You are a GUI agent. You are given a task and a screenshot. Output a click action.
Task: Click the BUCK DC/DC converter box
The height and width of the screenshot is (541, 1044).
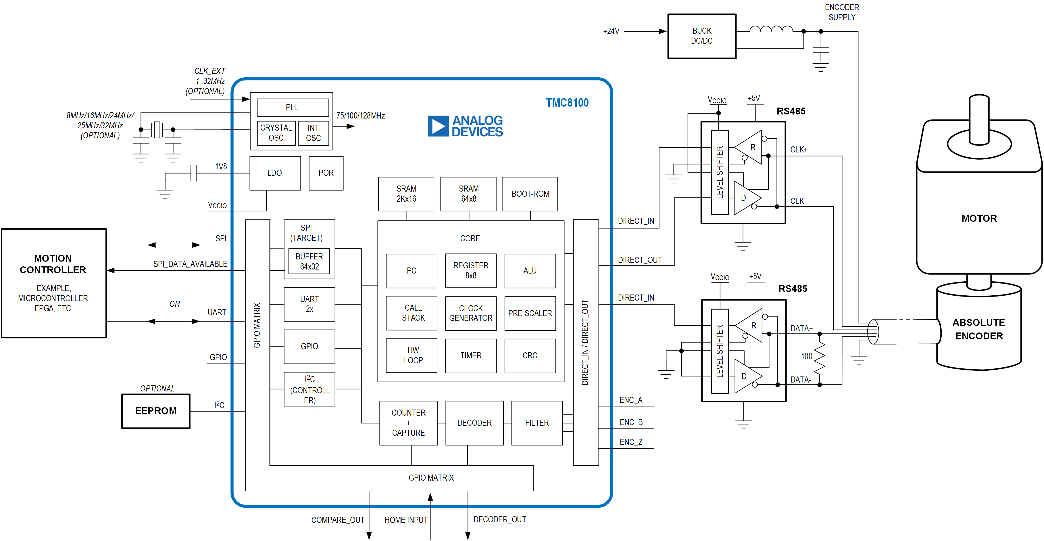(701, 36)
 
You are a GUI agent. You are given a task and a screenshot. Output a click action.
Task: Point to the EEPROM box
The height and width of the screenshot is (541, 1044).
(156, 411)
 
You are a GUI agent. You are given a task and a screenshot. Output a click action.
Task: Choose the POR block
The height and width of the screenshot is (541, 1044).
(326, 173)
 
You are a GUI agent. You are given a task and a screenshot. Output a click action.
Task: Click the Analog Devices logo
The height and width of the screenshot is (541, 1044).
(465, 126)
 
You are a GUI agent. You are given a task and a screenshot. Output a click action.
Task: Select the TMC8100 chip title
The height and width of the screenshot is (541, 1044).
(567, 103)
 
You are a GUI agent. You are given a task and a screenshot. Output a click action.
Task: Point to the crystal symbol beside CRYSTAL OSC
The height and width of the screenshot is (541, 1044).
(157, 130)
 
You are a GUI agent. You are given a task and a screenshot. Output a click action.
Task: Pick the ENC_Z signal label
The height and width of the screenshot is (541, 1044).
(630, 442)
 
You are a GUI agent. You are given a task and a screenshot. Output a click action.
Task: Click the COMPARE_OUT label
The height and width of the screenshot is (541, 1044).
(338, 520)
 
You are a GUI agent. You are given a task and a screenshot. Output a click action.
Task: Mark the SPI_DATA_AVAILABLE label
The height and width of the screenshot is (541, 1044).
(190, 264)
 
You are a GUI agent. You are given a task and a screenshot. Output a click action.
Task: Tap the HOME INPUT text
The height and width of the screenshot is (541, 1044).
(406, 520)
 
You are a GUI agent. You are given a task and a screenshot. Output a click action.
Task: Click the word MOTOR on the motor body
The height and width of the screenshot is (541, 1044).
(979, 219)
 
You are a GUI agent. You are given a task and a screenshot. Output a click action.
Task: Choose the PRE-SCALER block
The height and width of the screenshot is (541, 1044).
(530, 313)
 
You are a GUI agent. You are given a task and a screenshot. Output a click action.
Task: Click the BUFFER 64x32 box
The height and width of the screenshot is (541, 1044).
(309, 261)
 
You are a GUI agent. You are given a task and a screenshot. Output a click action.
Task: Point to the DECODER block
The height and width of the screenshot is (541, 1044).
(474, 423)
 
